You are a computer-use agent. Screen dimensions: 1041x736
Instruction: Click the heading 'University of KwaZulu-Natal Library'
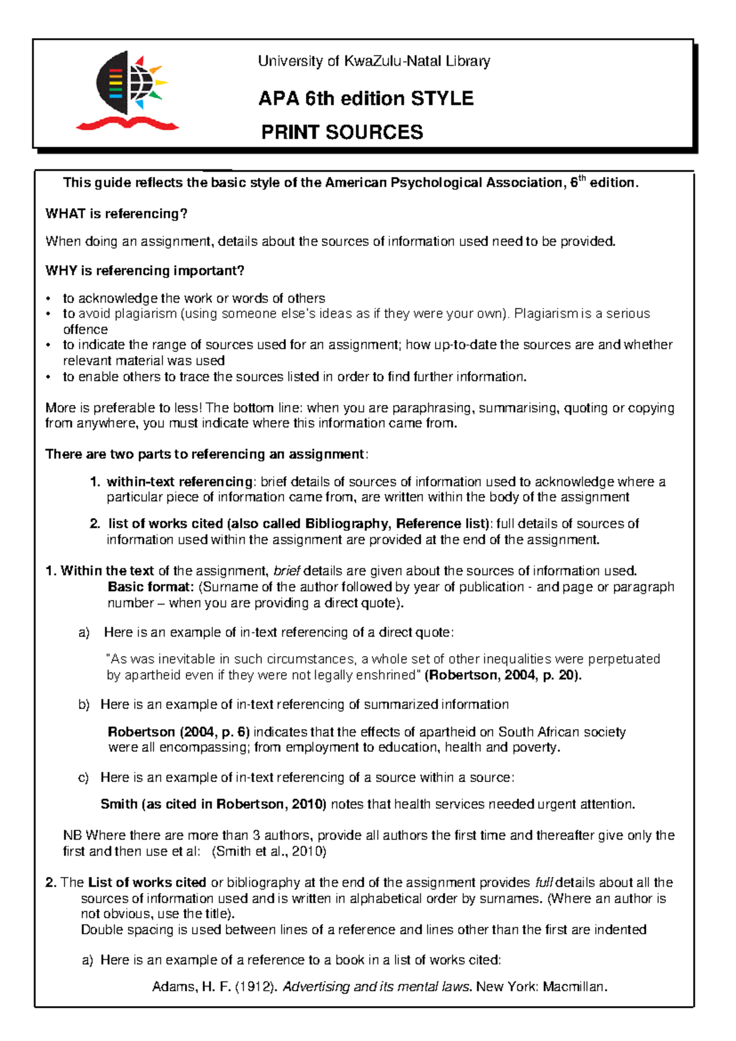coord(374,61)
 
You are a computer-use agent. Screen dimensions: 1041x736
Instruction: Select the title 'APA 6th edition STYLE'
coord(366,98)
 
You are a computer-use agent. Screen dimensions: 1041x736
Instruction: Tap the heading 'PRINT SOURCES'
coord(342,132)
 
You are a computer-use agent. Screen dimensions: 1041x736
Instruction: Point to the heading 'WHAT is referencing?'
coord(116,214)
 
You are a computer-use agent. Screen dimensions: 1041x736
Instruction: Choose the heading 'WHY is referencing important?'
coord(145,271)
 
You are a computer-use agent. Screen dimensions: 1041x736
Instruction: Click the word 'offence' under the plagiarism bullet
coord(85,330)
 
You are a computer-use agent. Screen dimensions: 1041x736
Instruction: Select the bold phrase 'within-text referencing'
coord(179,482)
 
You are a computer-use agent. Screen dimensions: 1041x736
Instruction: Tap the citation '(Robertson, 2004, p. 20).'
coord(503,675)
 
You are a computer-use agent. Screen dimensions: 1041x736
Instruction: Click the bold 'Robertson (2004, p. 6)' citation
coord(178,732)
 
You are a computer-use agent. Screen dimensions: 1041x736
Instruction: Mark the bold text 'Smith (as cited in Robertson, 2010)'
coord(213,804)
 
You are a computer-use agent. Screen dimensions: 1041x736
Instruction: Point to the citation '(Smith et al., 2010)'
coord(269,851)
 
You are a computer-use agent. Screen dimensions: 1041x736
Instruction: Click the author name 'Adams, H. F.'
coord(191,987)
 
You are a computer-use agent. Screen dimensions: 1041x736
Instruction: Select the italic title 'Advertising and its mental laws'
coord(376,987)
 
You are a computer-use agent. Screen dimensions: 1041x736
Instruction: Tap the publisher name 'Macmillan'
coord(574,987)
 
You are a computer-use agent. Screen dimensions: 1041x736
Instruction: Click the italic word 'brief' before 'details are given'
coord(286,571)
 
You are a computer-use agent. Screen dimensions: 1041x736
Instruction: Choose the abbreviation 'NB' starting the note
coord(72,835)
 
